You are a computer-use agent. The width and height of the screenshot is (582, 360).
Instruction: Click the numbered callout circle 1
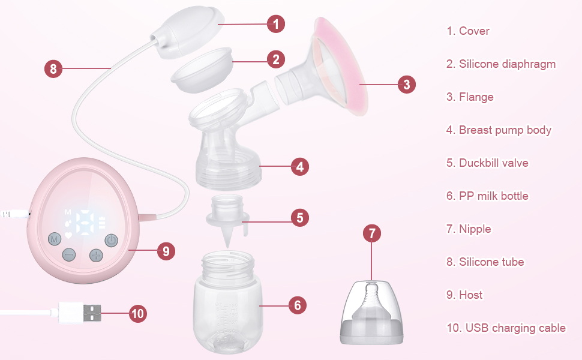coord(275,24)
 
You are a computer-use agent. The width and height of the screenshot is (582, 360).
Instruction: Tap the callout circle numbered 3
coord(406,85)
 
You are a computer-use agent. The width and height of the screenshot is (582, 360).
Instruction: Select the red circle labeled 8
coord(53,69)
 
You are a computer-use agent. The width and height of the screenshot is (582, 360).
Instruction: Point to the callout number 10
coord(138,313)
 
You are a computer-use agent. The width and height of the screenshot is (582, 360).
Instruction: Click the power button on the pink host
coord(110,241)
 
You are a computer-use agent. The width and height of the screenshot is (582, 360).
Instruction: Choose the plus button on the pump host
coord(96,254)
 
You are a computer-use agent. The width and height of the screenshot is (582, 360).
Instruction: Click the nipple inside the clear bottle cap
coord(372,305)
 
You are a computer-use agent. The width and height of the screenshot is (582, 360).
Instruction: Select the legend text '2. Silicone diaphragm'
coord(501,64)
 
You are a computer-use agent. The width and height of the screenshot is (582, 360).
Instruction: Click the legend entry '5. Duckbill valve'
coord(487,163)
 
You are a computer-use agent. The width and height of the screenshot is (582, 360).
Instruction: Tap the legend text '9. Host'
coord(464,295)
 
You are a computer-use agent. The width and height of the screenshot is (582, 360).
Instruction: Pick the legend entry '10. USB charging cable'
coord(506,328)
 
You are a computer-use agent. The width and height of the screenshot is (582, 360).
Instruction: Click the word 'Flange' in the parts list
coord(476,97)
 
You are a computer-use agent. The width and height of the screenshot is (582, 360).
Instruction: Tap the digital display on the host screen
coord(85,223)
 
